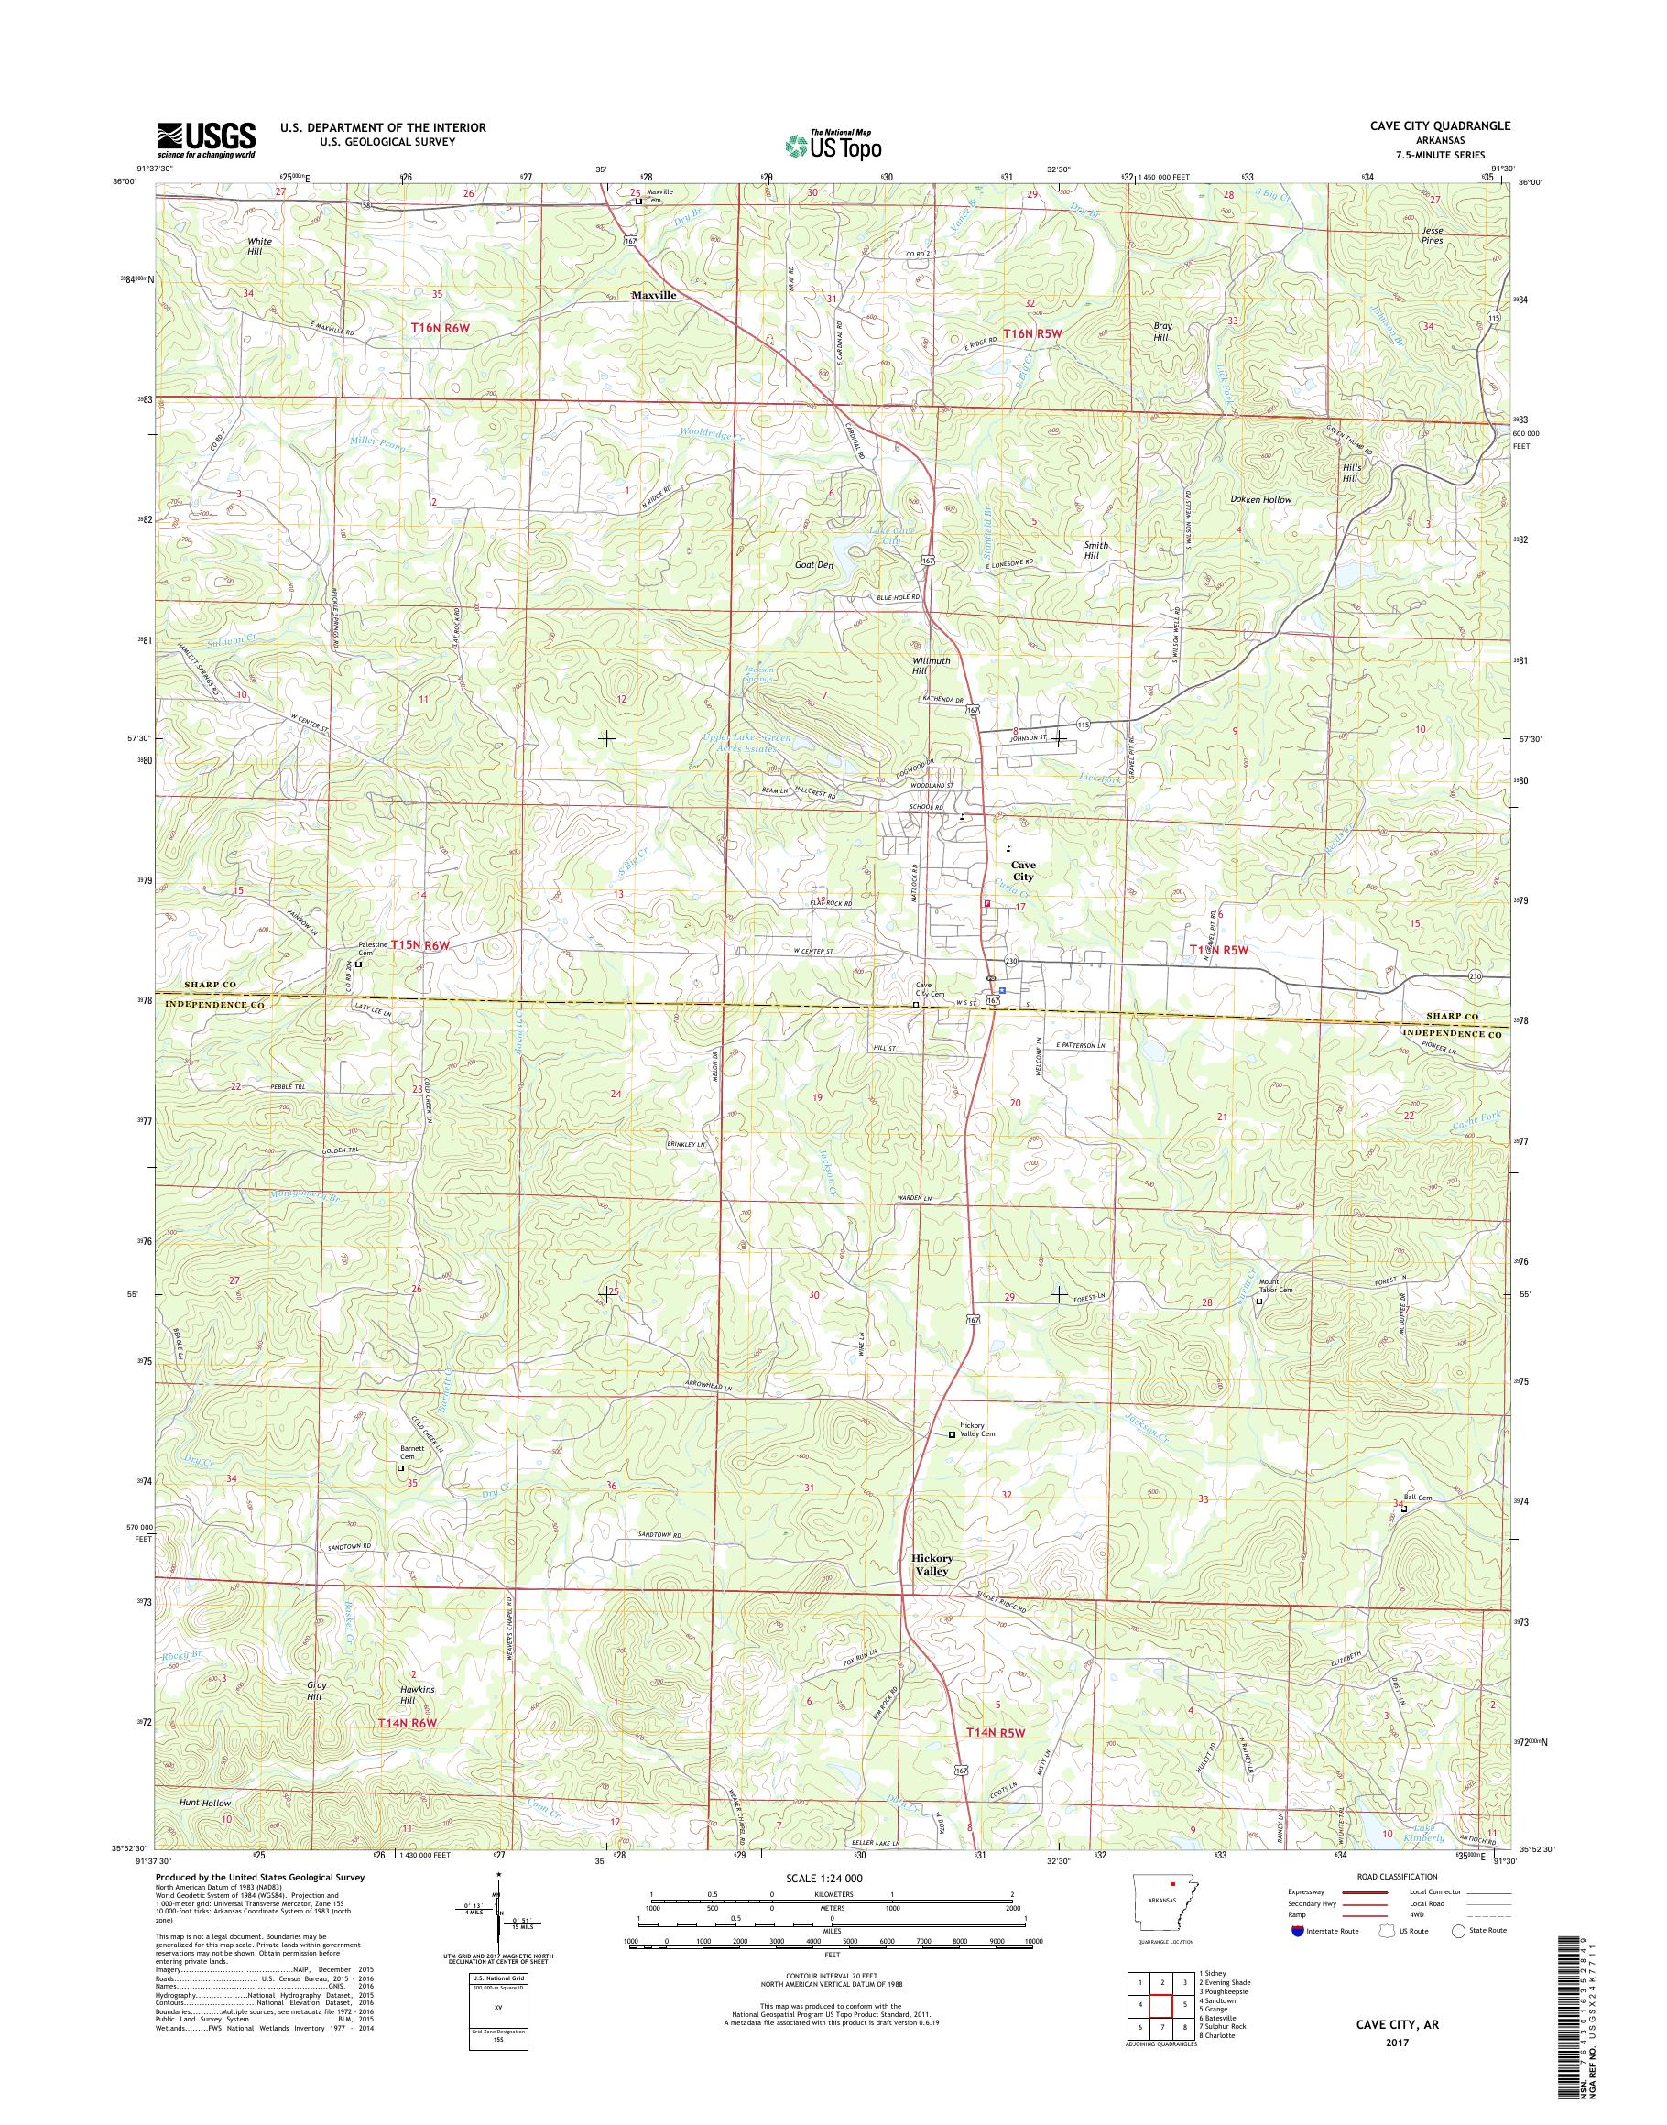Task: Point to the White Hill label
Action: tap(259, 246)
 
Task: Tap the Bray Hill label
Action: tap(1161, 331)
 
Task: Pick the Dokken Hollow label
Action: tap(1261, 499)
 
